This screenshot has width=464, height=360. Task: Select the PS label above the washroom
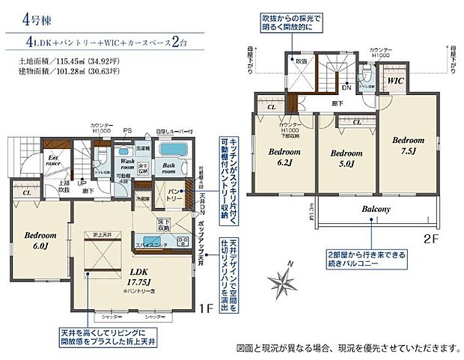pos(127,129)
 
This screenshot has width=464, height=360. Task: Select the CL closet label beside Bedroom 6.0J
pos(26,192)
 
